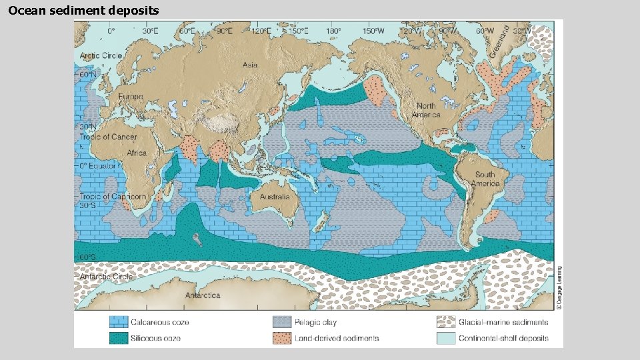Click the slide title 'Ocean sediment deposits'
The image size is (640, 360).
84,10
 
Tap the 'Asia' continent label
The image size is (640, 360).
249,65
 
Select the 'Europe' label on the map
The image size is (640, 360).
130,97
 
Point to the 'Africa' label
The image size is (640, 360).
136,153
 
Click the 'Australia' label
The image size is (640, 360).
275,197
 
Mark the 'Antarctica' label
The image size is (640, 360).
203,295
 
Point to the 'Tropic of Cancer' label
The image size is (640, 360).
108,137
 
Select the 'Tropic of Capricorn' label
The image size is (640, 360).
113,197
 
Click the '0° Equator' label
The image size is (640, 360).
98,165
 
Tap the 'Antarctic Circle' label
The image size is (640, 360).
106,276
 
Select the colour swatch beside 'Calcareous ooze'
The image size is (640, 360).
119,322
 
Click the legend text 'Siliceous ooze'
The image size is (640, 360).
155,338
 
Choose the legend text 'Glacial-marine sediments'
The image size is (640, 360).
503,322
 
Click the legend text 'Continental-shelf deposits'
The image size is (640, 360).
503,338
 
